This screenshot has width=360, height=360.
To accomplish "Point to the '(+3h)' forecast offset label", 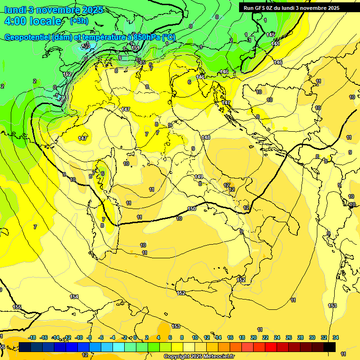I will (79, 21).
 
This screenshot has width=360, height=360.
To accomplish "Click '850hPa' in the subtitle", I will (145, 37).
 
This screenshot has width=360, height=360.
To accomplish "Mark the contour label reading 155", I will (17, 307).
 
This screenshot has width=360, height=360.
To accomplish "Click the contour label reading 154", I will (74, 297).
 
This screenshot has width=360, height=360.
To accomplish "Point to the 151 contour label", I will (135, 48).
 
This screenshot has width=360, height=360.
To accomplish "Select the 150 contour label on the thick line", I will (192, 209).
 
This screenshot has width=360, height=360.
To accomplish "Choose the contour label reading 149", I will (199, 177).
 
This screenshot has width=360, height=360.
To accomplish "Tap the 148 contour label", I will (206, 137).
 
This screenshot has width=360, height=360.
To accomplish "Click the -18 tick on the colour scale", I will (32, 337).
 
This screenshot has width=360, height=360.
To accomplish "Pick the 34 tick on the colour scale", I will (335, 337).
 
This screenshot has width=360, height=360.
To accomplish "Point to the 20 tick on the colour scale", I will (254, 337).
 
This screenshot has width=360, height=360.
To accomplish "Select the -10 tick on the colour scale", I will (79, 337).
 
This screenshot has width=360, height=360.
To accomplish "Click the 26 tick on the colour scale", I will (288, 337).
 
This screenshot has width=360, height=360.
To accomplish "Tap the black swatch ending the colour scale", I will (329, 347).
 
